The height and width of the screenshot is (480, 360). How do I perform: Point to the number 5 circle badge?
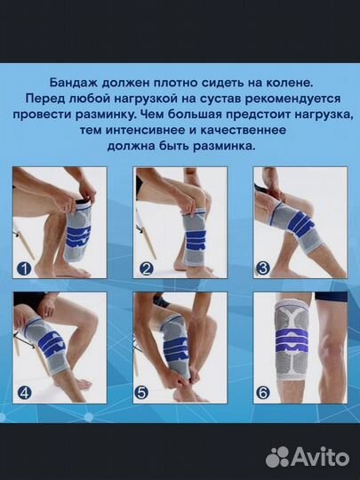click(x=146, y=388)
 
